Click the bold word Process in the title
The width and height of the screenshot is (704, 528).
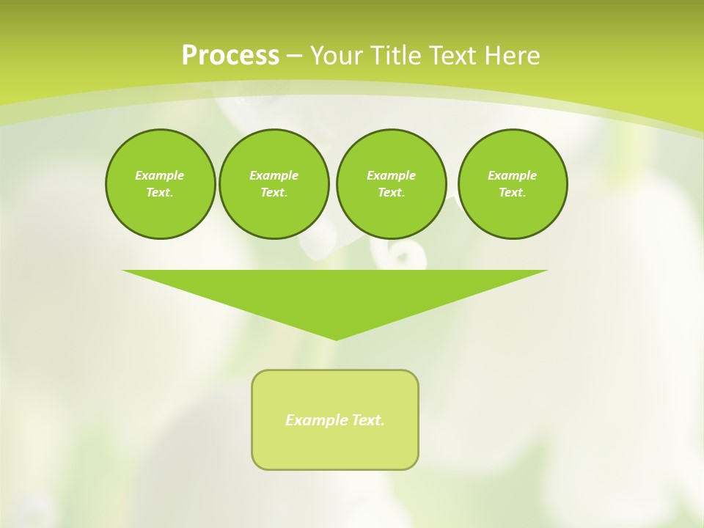coord(230,56)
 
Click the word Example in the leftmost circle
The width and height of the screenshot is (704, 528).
coord(160,175)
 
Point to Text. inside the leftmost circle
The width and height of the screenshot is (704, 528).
coord(160,192)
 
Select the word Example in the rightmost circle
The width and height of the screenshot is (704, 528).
coord(513,175)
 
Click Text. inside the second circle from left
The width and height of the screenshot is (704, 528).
coord(274,192)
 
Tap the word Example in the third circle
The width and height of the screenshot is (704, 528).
coord(391,175)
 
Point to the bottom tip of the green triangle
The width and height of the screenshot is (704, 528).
coord(336,338)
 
